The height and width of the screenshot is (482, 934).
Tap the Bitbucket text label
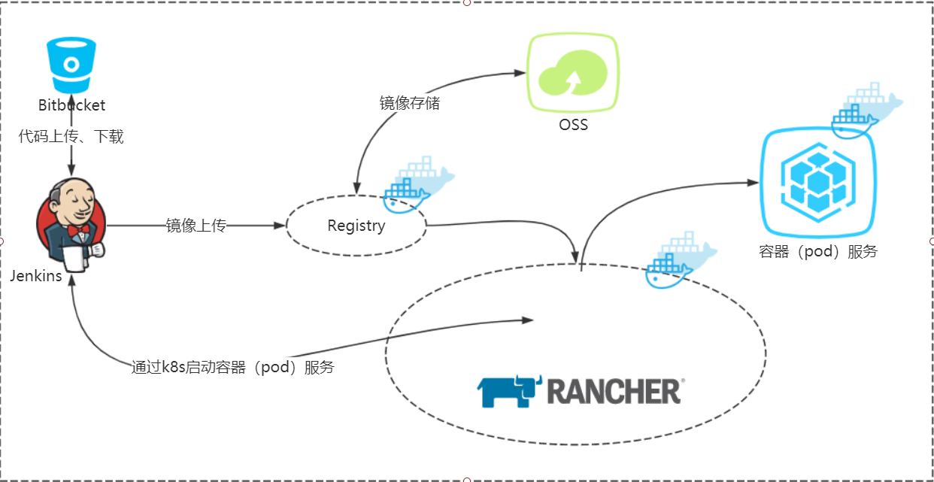click(x=72, y=105)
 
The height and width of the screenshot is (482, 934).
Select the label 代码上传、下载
click(x=71, y=137)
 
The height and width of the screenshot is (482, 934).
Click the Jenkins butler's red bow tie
click(x=77, y=229)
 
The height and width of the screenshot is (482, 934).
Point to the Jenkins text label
click(x=35, y=276)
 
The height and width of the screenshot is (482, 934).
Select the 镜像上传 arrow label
click(x=196, y=226)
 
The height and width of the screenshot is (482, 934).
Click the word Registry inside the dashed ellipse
click(x=356, y=226)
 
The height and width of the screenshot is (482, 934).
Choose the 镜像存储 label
click(x=409, y=104)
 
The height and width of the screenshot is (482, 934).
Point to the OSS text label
click(x=573, y=125)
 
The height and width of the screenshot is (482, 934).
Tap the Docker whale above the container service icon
click(x=865, y=110)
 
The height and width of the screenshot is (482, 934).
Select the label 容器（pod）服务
click(x=818, y=252)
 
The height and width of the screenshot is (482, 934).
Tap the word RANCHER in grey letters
click(x=614, y=392)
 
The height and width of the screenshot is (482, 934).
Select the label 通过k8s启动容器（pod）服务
click(x=232, y=368)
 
